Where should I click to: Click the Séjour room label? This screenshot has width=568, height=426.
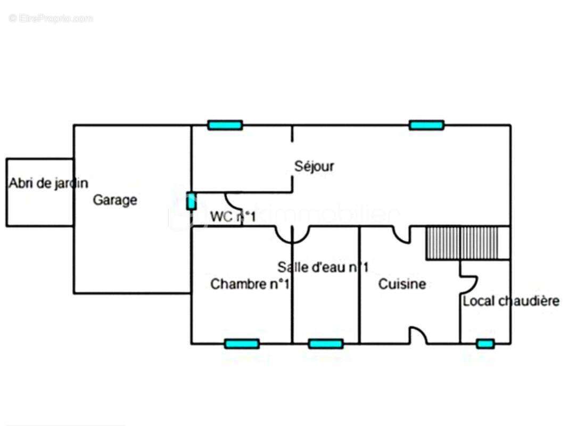[315, 166]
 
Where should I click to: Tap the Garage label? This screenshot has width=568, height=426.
[115, 200]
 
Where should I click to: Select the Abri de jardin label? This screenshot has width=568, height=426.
[48, 183]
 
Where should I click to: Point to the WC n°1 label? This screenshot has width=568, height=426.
[233, 217]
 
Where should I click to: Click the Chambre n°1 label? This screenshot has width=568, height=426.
[250, 284]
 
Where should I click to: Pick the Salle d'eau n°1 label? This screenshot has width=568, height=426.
[323, 267]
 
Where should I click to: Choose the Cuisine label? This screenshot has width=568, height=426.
[402, 284]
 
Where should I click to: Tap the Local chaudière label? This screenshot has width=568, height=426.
[511, 301]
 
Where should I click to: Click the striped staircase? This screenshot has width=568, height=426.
[462, 243]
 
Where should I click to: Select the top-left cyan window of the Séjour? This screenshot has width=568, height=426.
[225, 125]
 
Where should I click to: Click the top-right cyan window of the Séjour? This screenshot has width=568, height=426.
[426, 125]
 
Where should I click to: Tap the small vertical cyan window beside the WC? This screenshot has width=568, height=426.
[191, 201]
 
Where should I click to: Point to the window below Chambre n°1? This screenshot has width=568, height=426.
[242, 344]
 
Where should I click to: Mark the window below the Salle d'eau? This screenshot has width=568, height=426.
[325, 344]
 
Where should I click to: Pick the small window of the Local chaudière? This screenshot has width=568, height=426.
[485, 344]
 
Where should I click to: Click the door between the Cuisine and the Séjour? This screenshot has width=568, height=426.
[401, 234]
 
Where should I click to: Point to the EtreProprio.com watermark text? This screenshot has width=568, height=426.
[51, 19]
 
